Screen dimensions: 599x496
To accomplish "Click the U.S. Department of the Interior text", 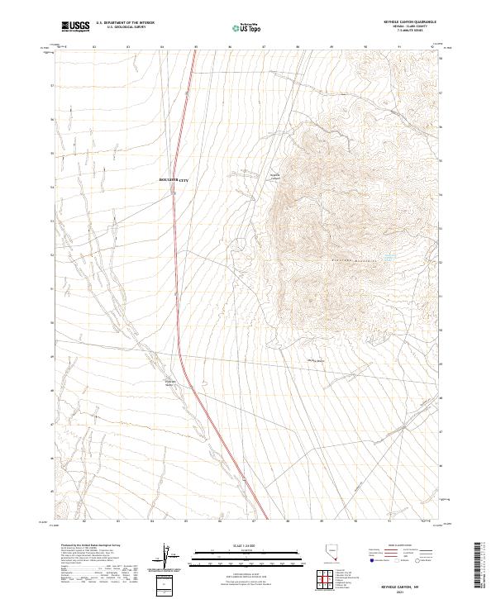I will (x=125, y=23).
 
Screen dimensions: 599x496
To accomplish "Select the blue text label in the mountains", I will (x=386, y=259).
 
